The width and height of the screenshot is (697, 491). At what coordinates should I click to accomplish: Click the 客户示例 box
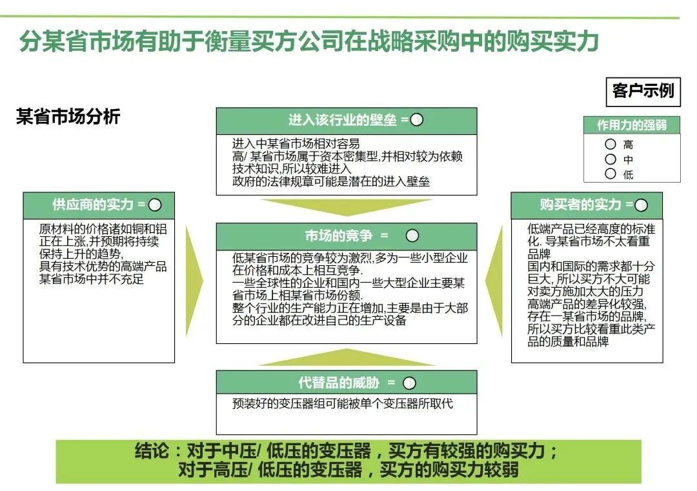pyautogui.click(x=642, y=91)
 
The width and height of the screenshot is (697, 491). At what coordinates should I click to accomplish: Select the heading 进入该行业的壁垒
pyautogui.click(x=339, y=120)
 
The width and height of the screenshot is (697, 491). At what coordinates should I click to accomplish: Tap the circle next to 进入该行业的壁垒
pyautogui.click(x=417, y=120)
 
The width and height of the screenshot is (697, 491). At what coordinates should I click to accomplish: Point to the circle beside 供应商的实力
pyautogui.click(x=155, y=205)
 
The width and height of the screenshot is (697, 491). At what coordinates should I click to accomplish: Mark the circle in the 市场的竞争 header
pyautogui.click(x=412, y=235)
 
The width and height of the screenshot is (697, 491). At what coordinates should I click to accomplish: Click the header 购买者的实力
pyautogui.click(x=580, y=205)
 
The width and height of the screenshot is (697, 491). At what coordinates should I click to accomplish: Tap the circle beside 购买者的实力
pyautogui.click(x=641, y=205)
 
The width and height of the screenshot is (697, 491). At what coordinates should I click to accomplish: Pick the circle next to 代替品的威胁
pyautogui.click(x=410, y=383)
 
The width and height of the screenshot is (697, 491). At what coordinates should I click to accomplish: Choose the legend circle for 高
pyautogui.click(x=611, y=145)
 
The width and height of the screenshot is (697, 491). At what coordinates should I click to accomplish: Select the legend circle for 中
pyautogui.click(x=611, y=159)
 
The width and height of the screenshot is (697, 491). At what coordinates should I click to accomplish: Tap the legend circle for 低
pyautogui.click(x=611, y=173)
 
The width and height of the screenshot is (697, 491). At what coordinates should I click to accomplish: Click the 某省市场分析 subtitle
pyautogui.click(x=68, y=117)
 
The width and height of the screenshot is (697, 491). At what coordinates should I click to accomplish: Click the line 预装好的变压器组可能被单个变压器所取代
pyautogui.click(x=343, y=404)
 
